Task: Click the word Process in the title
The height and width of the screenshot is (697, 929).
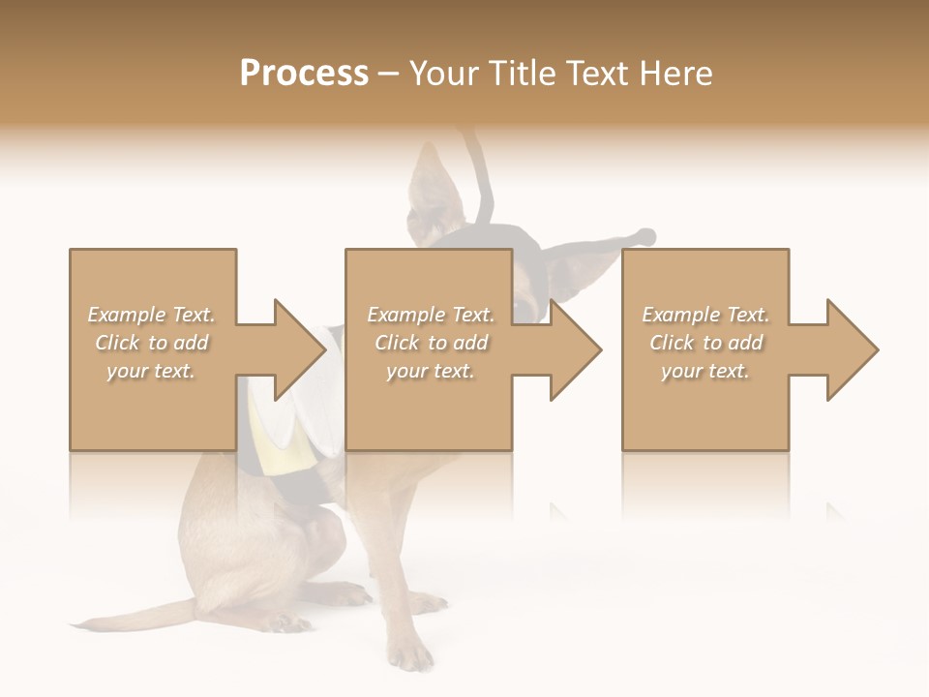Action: [x=304, y=74]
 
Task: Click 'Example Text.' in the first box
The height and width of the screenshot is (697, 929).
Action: [x=151, y=315]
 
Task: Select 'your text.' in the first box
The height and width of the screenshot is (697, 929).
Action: [x=151, y=371]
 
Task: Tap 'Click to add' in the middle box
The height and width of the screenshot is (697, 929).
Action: [x=431, y=343]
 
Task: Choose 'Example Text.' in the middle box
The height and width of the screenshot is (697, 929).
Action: [x=431, y=315]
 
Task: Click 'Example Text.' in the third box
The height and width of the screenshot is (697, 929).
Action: [x=705, y=315]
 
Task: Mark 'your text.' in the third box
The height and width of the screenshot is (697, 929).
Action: [x=705, y=371]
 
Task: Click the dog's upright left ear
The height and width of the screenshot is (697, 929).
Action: [x=431, y=189]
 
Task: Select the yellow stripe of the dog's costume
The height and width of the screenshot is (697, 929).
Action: [x=261, y=426]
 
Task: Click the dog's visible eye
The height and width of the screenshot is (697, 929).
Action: [x=524, y=309]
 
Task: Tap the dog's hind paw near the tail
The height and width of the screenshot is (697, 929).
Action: [x=281, y=620]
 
